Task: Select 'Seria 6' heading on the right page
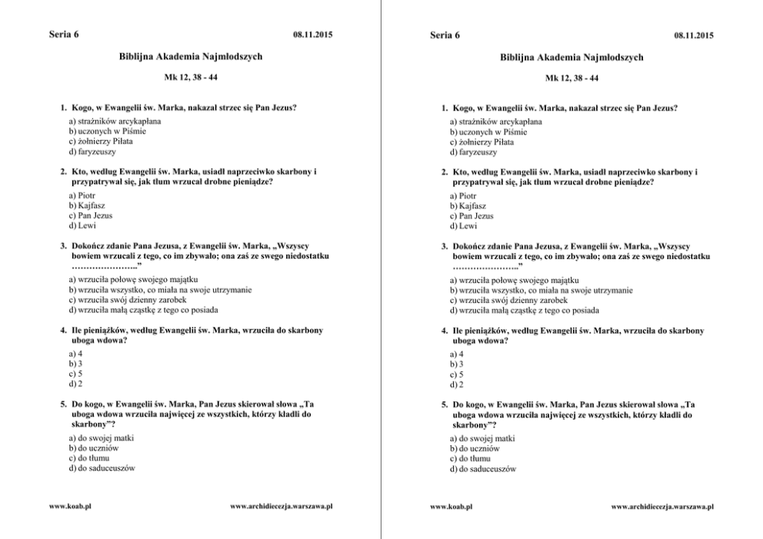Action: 445,35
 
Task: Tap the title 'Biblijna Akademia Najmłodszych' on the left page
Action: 191,57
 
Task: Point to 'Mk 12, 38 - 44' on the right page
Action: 571,78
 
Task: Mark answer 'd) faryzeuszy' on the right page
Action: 474,152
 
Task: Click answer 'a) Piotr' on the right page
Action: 465,196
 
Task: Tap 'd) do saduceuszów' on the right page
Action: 482,468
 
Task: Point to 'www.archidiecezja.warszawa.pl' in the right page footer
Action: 662,507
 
